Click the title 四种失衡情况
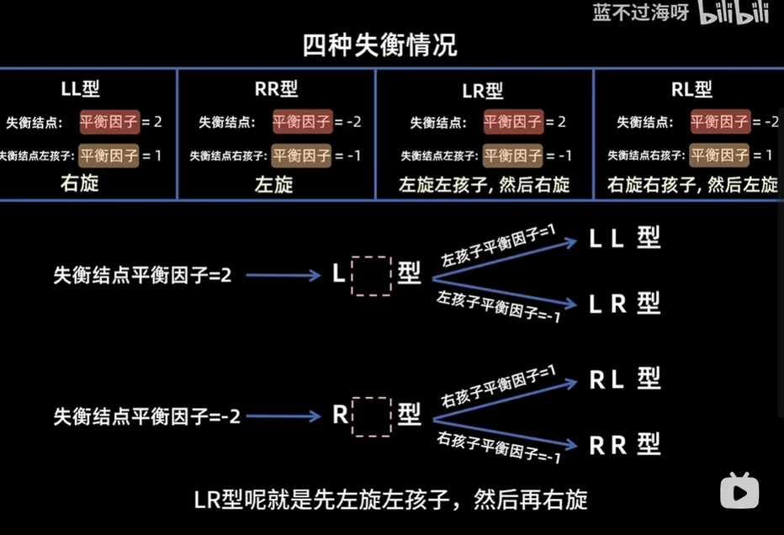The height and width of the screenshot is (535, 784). point(379,45)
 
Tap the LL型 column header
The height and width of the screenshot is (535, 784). point(81,89)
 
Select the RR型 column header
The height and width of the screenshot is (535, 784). point(275,88)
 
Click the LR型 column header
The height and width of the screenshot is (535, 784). point(483,91)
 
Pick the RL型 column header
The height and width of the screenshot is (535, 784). point(691,89)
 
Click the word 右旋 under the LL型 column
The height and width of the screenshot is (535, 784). point(80,183)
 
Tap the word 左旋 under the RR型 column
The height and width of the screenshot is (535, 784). point(274,184)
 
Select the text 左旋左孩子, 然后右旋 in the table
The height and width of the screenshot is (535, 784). point(485,185)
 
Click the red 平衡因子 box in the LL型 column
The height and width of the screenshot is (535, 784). point(109,122)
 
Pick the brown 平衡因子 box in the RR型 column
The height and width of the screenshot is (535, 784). point(301,155)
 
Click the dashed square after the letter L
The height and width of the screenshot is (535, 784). point(371,276)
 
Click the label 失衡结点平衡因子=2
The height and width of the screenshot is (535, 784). point(142,275)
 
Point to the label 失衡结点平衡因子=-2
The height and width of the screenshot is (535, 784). point(147,416)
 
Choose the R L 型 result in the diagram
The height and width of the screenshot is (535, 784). point(624,379)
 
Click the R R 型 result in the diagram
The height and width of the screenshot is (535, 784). point(624,444)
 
